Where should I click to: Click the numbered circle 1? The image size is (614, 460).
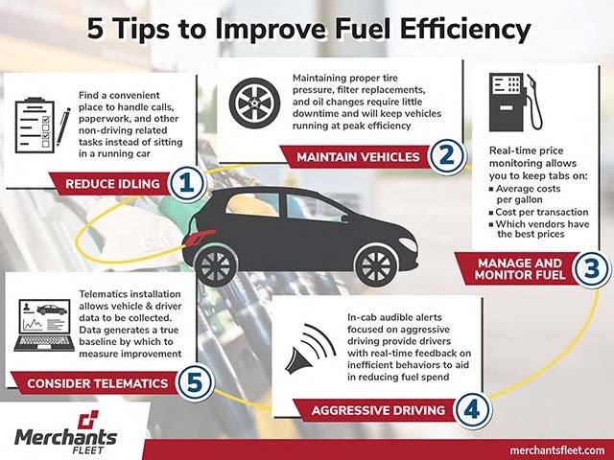coord(187,183)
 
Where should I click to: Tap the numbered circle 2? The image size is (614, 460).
coord(447,156)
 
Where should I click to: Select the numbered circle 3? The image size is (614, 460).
coord(592,268)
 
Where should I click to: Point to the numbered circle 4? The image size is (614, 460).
coord(472,410)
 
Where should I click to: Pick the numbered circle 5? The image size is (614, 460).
coord(195,382)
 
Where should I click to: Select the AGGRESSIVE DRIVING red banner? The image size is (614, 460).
coord(375,410)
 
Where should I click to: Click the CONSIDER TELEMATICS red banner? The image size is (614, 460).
coord(95,383)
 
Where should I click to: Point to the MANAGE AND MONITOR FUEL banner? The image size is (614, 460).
coord(516,268)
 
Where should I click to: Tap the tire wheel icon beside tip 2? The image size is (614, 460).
coord(254,103)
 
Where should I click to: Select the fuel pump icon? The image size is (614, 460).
coord(515,102)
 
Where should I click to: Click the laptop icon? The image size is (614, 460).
coord(44,326)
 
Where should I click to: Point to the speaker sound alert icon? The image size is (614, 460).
coord(310,349)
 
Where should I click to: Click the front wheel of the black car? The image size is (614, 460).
coord(377,265)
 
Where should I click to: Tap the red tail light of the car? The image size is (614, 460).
coord(200,237)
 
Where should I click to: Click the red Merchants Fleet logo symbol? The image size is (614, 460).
coord(87,420)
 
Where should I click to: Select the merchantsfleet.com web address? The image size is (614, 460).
coord(557,450)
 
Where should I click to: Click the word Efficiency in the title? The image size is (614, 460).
coord(465,30)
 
